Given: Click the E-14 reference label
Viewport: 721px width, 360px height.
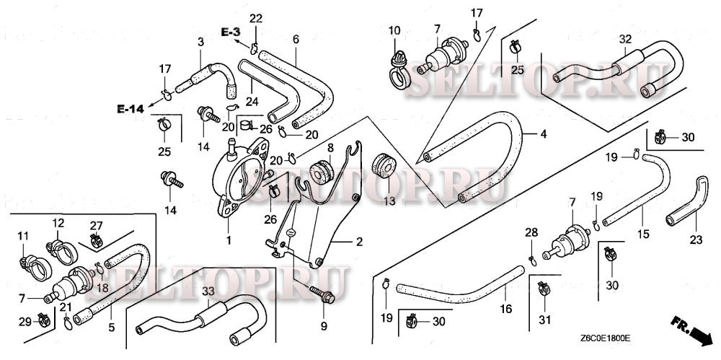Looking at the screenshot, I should (131, 109).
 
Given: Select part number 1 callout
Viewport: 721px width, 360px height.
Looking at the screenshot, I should (229, 239).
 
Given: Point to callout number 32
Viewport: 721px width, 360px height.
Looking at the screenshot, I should (624, 38).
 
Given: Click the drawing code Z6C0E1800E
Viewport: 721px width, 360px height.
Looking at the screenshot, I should (604, 337).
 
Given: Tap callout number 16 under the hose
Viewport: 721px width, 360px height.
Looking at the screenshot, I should (505, 309).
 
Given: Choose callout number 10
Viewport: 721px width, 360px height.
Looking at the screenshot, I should (394, 30).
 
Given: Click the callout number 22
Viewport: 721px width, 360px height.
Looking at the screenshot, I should (256, 18).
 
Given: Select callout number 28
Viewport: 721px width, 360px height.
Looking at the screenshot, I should (531, 232).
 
